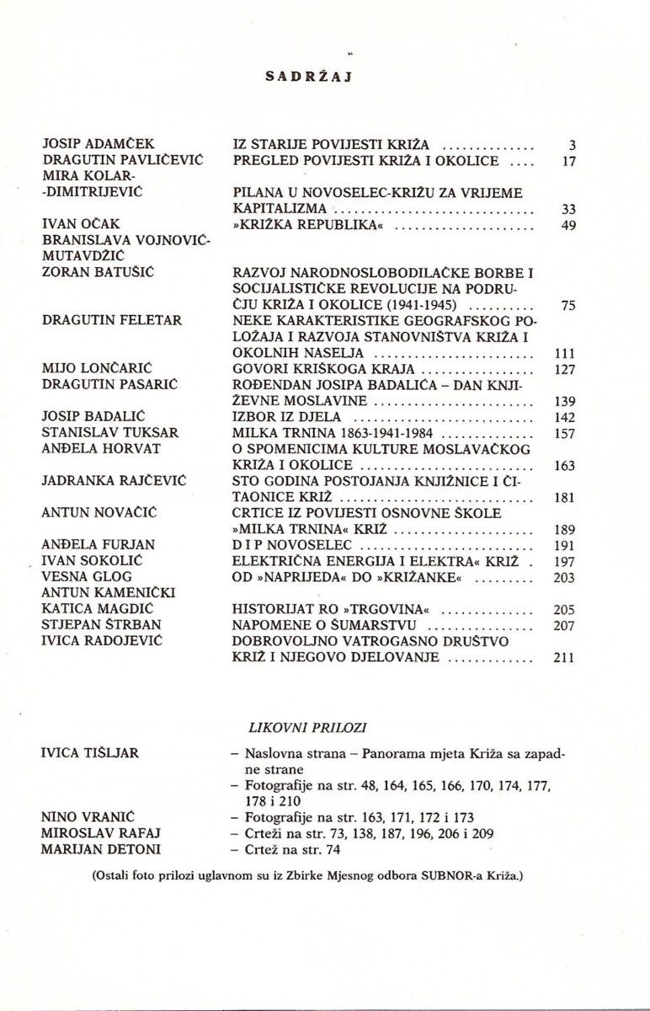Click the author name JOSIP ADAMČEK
pyautogui.click(x=99, y=144)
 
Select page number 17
pyautogui.click(x=567, y=160)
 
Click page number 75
pyautogui.click(x=567, y=305)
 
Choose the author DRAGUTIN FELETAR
pyautogui.click(x=110, y=321)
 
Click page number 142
pyautogui.click(x=565, y=417)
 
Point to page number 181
pyautogui.click(x=565, y=497)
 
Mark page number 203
pyautogui.click(x=565, y=577)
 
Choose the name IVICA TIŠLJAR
pyautogui.click(x=90, y=752)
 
